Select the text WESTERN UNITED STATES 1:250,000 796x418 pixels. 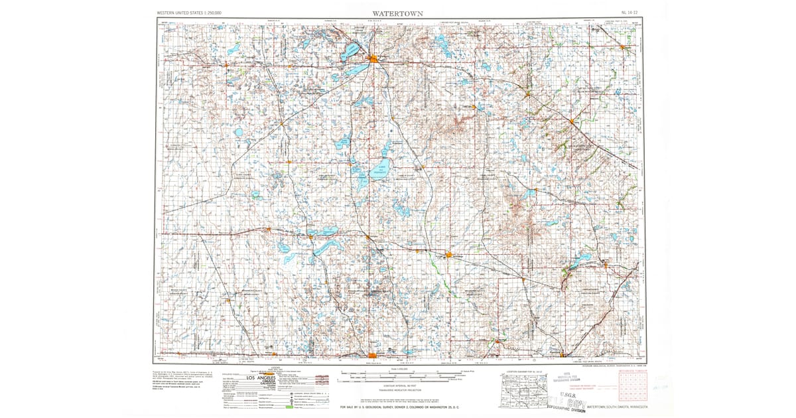[x=189, y=13]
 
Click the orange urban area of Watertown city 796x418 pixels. [x=375, y=60]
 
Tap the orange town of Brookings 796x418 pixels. [x=449, y=254]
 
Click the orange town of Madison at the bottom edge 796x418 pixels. [x=373, y=356]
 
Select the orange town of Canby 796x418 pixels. [x=571, y=121]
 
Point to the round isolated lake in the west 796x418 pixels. [x=238, y=132]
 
